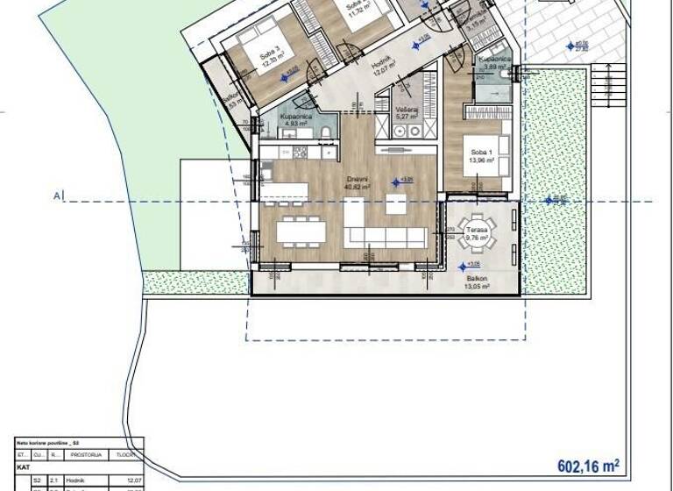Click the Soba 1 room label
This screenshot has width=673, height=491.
(x=478, y=154)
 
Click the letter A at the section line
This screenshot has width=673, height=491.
(x=56, y=196)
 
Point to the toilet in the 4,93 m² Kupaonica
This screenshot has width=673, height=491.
(x=325, y=132)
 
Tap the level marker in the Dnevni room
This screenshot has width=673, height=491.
(x=396, y=181)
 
